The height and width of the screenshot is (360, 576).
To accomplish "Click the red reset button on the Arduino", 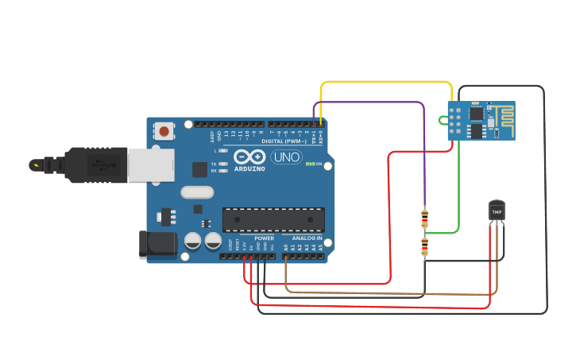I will pos(164,131).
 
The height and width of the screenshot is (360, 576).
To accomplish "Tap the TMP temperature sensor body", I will pos(497,211).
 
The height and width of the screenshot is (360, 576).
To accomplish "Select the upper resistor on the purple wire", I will pos(424,218).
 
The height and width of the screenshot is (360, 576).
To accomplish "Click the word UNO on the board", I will pos(286,157).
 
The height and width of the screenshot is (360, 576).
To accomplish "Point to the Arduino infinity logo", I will pos(249,157).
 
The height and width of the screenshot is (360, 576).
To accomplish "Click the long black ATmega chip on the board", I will pos(273,219).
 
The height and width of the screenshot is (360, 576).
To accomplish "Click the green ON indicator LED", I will pos(310,165).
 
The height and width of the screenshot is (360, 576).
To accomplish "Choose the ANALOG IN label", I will pos(306,238).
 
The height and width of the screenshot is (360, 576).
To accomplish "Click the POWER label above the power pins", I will pos(264,238).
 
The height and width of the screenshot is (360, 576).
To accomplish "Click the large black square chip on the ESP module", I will pos(476,114).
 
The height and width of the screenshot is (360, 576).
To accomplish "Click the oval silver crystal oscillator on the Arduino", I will pos(197,192).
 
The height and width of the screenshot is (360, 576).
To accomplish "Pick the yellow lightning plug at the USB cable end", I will pos(36,165).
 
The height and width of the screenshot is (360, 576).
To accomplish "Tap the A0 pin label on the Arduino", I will pos(285,248).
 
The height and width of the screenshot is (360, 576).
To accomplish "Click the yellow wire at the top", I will pos(385,82).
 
